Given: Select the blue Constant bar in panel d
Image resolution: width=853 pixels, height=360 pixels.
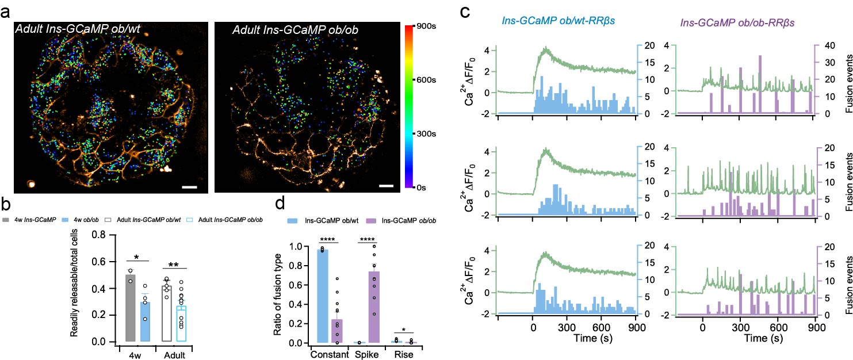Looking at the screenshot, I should click(323, 295).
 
